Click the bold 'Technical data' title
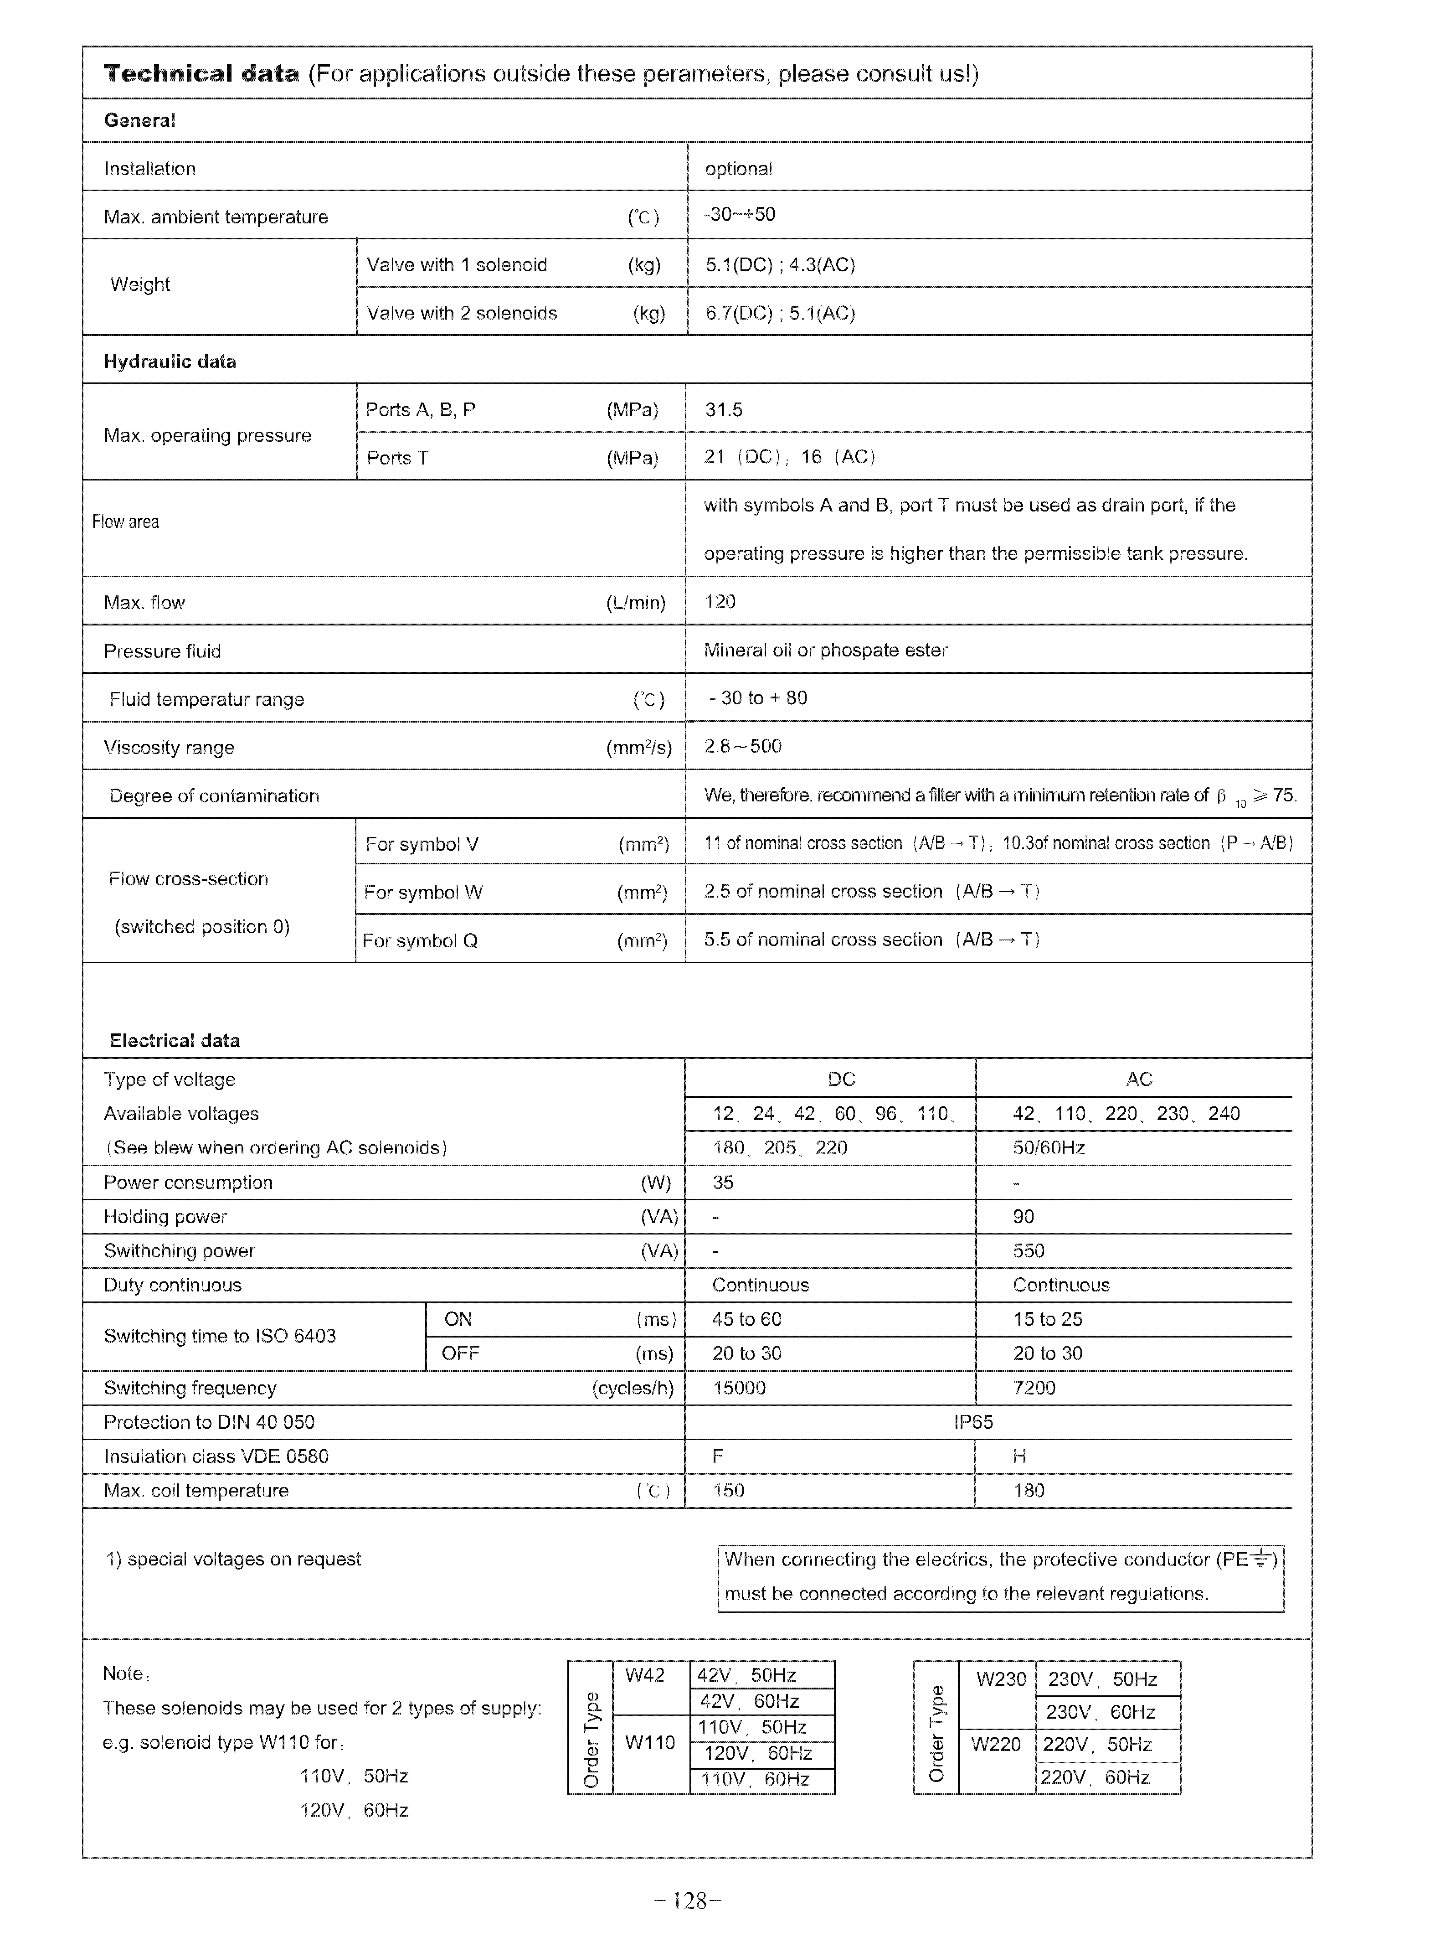tap(201, 74)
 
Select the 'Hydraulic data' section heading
tap(170, 362)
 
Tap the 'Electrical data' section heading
tap(175, 1041)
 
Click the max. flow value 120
tap(720, 602)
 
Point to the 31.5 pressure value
tap(724, 410)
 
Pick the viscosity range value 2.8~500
tap(743, 746)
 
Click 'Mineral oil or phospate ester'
tap(825, 651)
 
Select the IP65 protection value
tap(973, 1422)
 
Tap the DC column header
tap(842, 1080)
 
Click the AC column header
tap(1139, 1080)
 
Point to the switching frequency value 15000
tap(739, 1389)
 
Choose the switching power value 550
tap(1029, 1251)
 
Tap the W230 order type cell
tap(1001, 1679)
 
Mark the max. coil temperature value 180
tap(1029, 1491)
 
